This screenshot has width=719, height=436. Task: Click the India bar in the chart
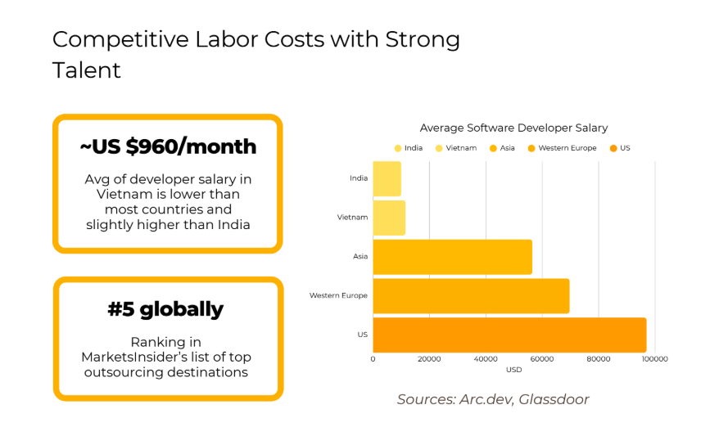point(387,178)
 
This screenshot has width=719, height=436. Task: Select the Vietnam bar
point(389,218)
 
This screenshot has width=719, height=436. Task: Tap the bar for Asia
point(452,257)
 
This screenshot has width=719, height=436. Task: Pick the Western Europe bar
point(471,295)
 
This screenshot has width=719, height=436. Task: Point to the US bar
point(509,335)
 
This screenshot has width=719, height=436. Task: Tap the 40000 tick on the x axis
point(486,358)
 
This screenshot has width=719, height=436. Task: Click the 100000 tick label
point(654,358)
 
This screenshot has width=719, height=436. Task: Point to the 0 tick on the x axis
point(373,358)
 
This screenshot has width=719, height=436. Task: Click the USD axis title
point(513,370)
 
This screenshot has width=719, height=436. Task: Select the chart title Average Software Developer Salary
point(513,128)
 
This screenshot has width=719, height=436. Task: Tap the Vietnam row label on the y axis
point(352,218)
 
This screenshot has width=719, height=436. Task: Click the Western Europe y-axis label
point(338,295)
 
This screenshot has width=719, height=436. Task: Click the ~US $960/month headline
point(168,147)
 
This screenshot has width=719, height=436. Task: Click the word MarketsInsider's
point(131,357)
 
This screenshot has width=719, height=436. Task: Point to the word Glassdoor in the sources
point(554,399)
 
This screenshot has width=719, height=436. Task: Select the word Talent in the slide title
point(87,70)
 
